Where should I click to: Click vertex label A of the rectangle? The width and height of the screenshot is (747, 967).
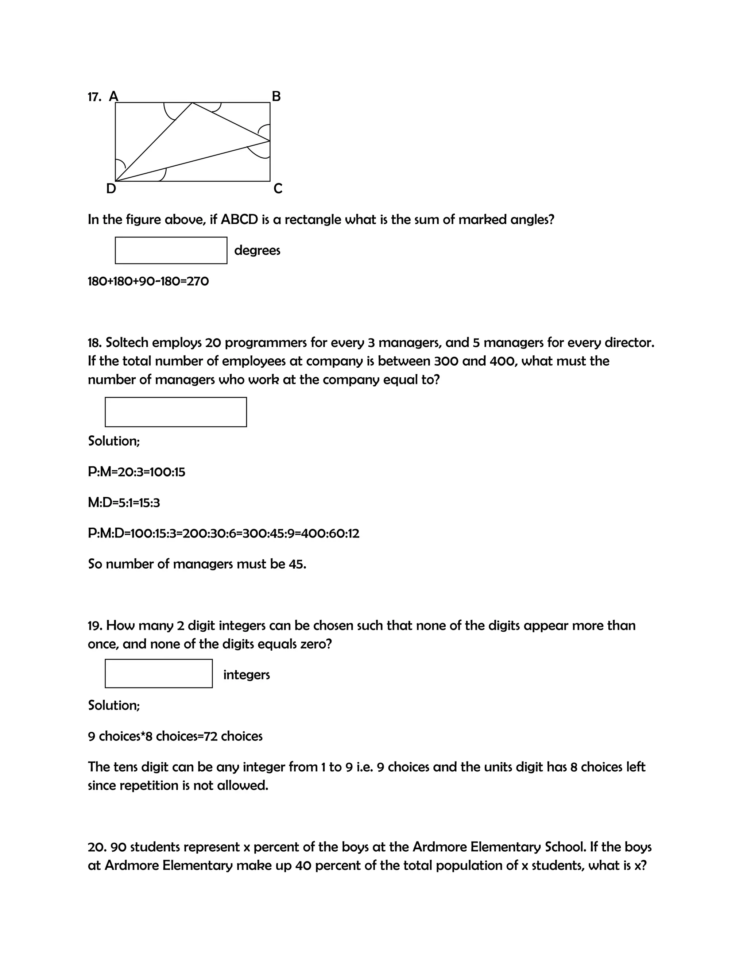click(x=114, y=96)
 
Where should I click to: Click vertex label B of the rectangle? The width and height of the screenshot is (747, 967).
click(x=276, y=96)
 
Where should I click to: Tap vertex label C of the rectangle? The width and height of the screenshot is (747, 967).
click(x=278, y=189)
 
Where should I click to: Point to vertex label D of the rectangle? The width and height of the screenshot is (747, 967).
click(x=111, y=189)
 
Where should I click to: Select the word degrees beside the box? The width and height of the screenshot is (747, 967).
click(x=257, y=251)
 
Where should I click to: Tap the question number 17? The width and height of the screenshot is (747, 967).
click(x=94, y=97)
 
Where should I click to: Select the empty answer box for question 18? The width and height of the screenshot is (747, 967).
click(x=176, y=412)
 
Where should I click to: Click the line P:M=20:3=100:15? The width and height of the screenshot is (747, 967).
click(x=136, y=472)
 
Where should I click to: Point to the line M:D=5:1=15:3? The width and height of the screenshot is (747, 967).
click(x=124, y=502)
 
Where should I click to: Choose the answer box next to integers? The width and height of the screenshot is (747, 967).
click(x=158, y=674)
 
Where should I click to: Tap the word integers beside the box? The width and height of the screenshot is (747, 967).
click(x=247, y=675)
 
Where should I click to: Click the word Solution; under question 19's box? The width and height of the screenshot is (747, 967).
click(x=114, y=705)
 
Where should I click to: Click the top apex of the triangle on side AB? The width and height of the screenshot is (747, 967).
click(x=192, y=103)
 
